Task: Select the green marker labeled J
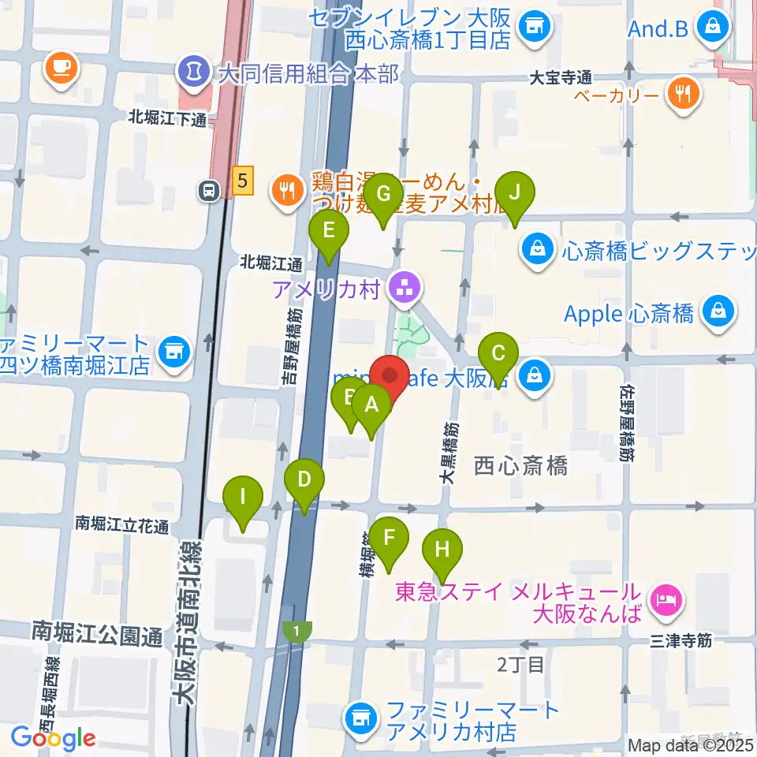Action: tap(515, 194)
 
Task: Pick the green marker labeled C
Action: tap(498, 354)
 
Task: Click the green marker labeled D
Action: tap(304, 481)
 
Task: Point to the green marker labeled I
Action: tap(243, 500)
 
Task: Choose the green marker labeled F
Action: tap(389, 541)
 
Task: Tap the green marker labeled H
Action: tap(442, 550)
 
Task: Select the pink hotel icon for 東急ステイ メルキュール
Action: tap(667, 602)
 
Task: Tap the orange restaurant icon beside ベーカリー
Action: tap(683, 95)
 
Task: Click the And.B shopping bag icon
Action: tap(714, 28)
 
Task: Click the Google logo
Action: tap(54, 739)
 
